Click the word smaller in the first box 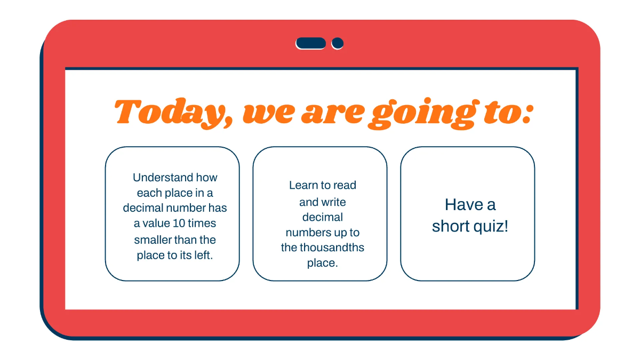tap(153, 239)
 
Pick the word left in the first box tap(203, 255)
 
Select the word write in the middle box tap(333, 202)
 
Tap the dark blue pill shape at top tap(311, 43)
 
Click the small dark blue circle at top tap(337, 43)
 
